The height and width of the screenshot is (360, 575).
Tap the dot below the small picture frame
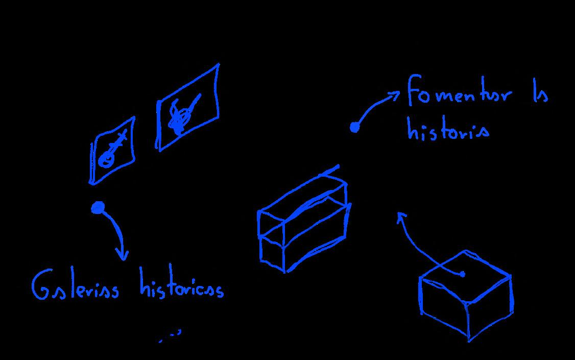(x=98, y=207)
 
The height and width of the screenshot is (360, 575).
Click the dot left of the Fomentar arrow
(x=354, y=128)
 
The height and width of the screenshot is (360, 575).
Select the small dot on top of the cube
(x=463, y=274)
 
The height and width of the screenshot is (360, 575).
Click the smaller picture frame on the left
(x=112, y=151)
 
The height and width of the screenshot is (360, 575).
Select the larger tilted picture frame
(x=188, y=108)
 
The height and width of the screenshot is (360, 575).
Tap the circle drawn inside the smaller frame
(x=106, y=160)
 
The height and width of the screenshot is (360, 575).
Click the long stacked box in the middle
(x=304, y=225)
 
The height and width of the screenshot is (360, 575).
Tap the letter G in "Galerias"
(x=40, y=287)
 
